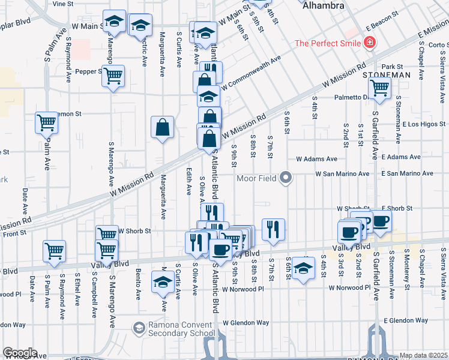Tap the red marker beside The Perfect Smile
pos(370,43)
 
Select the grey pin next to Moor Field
pos(286,178)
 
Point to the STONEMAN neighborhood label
pos(387,75)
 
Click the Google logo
pos(19,353)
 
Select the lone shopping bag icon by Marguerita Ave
pos(162,128)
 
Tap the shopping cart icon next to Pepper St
pos(113,77)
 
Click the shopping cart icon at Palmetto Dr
pos(379,88)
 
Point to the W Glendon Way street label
pos(246,322)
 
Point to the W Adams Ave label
pos(316,159)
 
